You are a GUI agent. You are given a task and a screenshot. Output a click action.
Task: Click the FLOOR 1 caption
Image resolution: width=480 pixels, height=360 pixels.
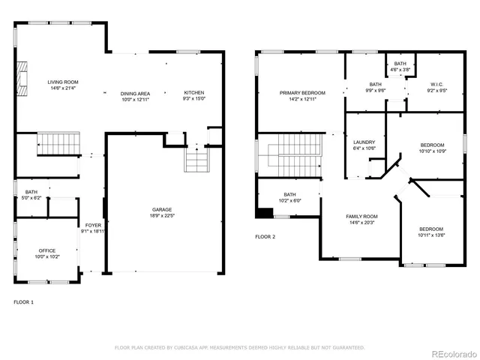[24, 302]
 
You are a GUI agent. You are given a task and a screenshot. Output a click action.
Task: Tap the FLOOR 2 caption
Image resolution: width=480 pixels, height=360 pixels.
[265, 236]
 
